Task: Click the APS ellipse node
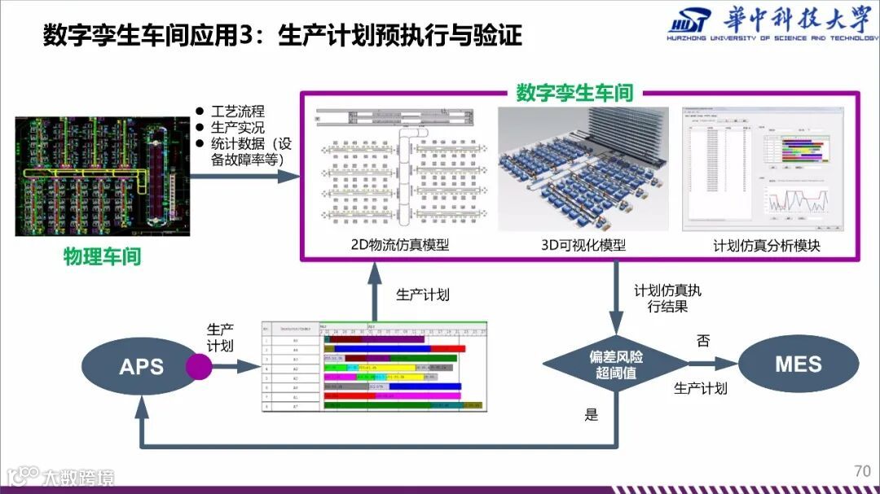coord(141,366)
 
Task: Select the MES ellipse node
coord(798,365)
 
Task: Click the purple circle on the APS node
coord(199,366)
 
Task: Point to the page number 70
coord(862,471)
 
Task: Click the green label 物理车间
coord(103,257)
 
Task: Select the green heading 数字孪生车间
coord(574,93)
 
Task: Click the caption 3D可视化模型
coord(583,245)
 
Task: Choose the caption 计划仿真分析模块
coord(766,245)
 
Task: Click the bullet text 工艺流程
coord(238,111)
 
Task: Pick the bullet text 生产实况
coord(238,128)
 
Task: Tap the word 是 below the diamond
coord(592,414)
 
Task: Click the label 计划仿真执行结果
coord(667,298)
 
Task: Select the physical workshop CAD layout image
coord(103,176)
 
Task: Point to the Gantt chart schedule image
coord(374,365)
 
